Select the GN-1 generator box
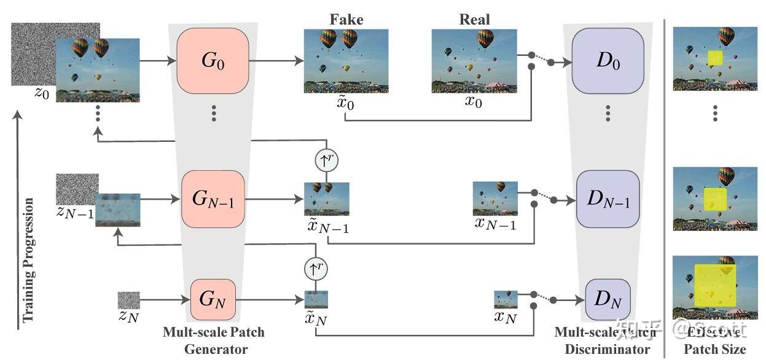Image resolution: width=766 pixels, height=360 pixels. coord(213,199)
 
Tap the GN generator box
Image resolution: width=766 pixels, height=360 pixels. coord(213,300)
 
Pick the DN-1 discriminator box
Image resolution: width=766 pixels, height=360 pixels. coord(608,199)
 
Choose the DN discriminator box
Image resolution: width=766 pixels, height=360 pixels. coord(608,300)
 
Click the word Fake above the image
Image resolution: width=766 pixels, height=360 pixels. coord(346,20)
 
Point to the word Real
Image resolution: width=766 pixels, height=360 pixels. coord(475,20)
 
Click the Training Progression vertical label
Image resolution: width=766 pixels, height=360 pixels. coord(28,260)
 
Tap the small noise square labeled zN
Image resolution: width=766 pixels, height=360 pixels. coord(128,300)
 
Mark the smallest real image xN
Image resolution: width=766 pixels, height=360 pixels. coord(506,299)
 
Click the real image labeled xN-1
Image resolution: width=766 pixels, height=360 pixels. coord(494,198)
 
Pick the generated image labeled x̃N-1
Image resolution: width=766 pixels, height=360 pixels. coord(327,198)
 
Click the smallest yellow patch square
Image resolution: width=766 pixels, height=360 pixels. coord(714,58)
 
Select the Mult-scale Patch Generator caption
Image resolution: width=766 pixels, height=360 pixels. coord(213,340)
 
